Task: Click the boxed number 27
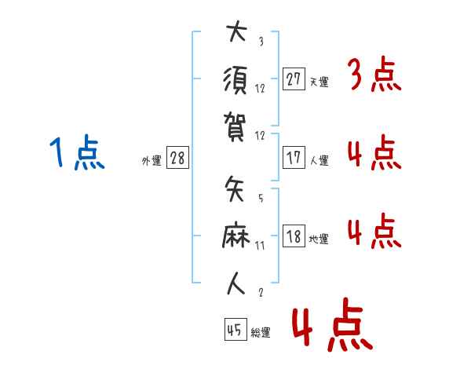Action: click(x=294, y=79)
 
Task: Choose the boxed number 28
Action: click(x=177, y=159)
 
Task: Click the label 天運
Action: click(x=319, y=82)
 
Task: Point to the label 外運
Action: click(x=152, y=161)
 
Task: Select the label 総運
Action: click(x=261, y=332)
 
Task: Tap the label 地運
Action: click(x=319, y=239)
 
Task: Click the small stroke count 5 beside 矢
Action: click(x=260, y=199)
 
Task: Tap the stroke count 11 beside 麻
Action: click(x=261, y=246)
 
